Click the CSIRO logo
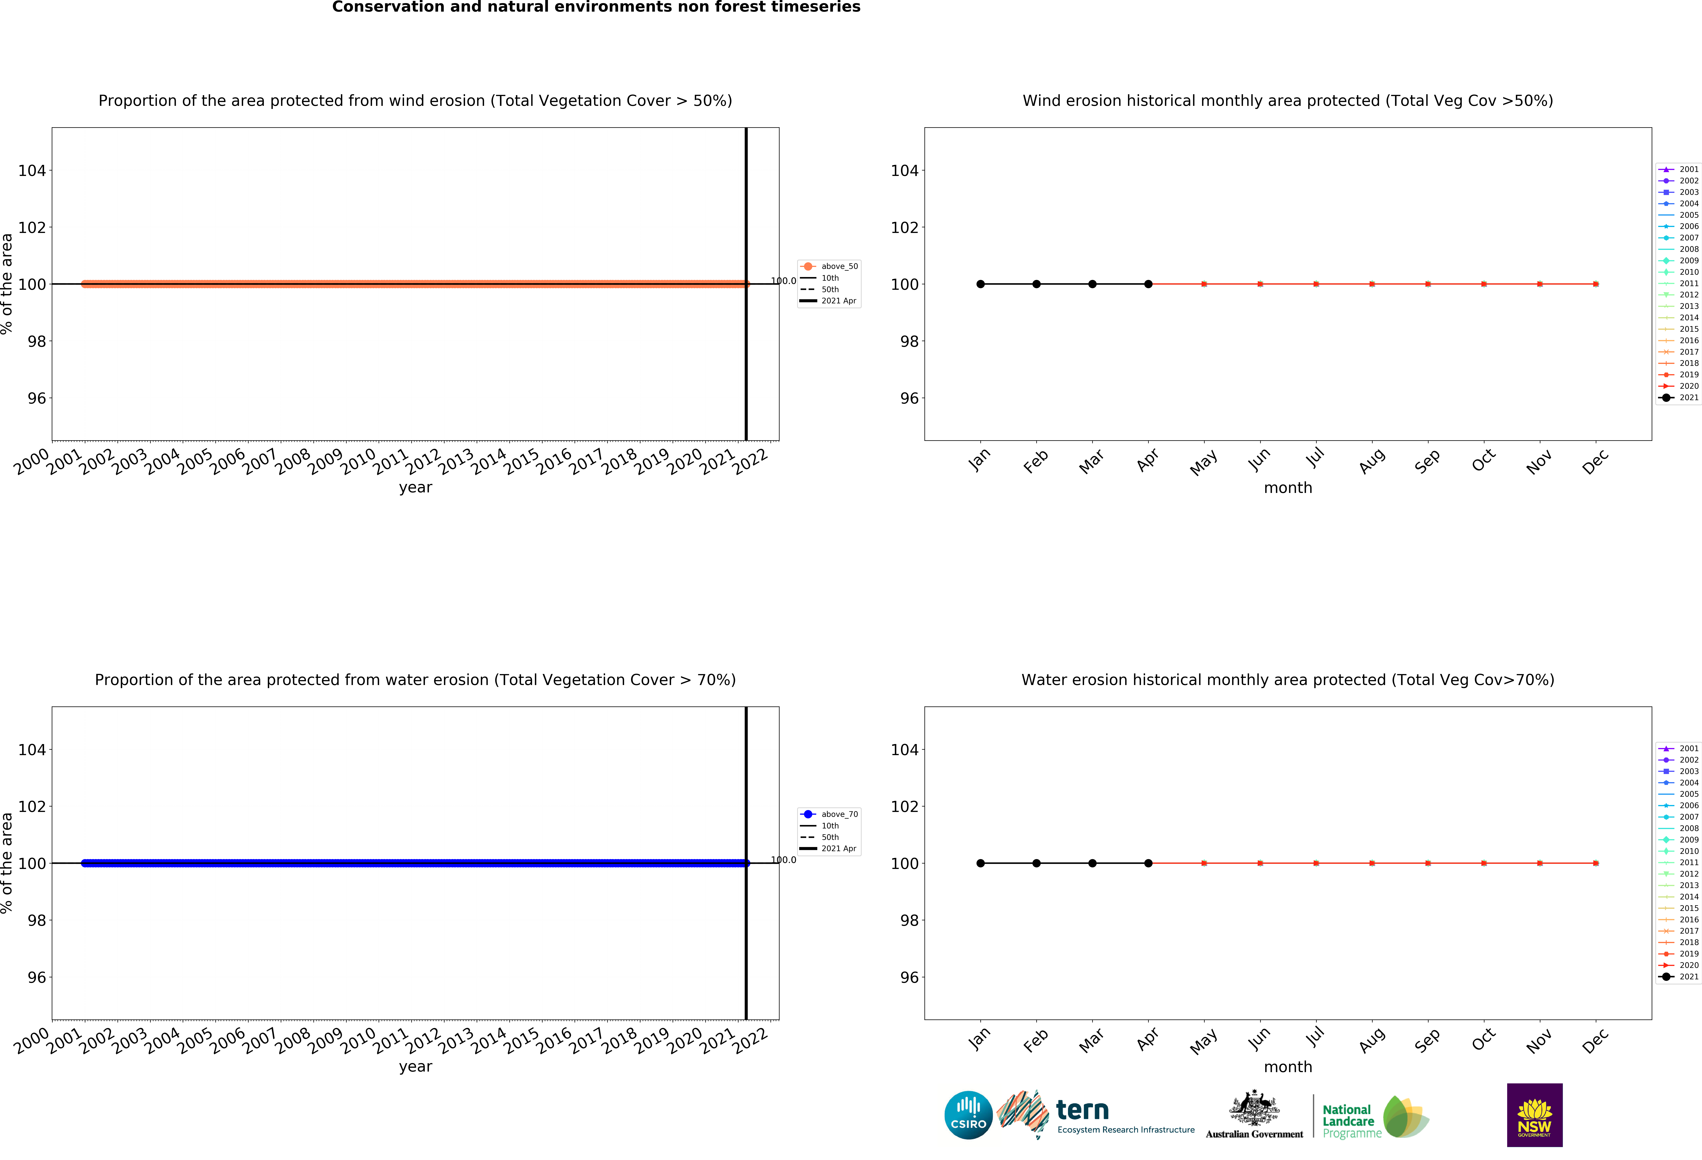tap(968, 1115)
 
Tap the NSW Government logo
tap(1534, 1115)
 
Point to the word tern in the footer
tap(1082, 1110)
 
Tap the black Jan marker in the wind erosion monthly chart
tap(981, 284)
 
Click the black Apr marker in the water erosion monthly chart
tap(1148, 863)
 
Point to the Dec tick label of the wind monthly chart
tap(1595, 462)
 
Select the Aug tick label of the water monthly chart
tap(1372, 1041)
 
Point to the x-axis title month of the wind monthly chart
tap(1287, 488)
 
